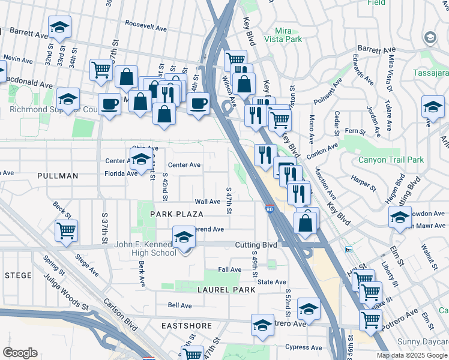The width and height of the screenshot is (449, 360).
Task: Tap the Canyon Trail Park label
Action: pos(391,160)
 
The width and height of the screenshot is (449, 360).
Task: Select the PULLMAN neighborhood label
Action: pos(58,176)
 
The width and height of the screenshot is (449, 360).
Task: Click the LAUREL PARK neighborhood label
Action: pos(227,289)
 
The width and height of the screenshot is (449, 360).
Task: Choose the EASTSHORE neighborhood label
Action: pos(187,326)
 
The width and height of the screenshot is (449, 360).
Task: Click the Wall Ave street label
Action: pos(208,202)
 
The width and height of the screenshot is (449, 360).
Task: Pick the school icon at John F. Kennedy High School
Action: pos(184,236)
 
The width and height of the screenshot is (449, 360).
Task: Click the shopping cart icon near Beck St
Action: pos(66,230)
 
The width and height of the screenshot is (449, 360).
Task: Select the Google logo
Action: pos(20,353)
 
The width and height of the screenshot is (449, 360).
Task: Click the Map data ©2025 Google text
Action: pos(412,355)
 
